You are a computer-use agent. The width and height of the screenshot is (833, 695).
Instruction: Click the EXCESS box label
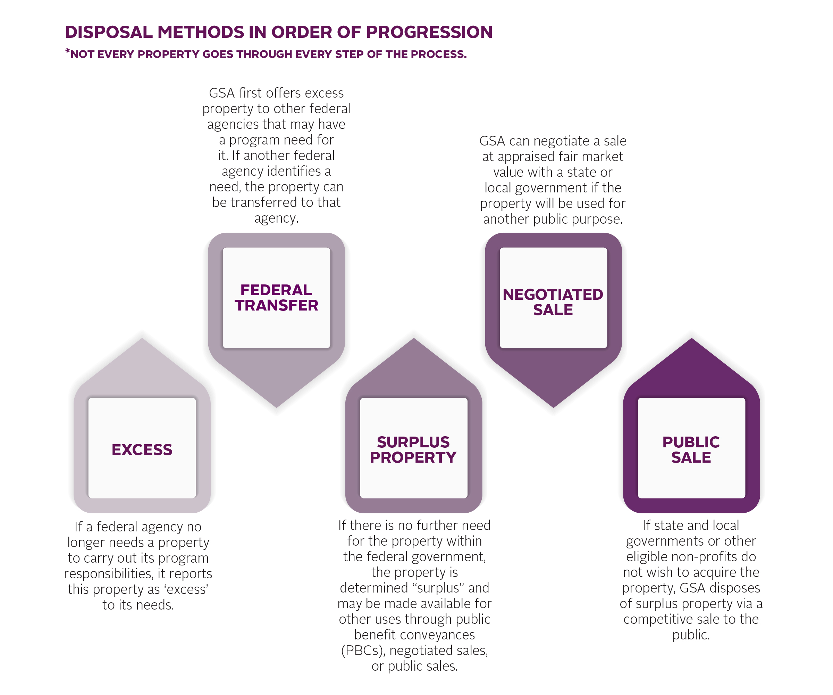142,450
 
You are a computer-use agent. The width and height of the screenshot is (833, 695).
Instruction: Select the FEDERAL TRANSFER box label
277,298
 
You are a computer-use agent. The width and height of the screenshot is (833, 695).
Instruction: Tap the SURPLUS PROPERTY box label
413,450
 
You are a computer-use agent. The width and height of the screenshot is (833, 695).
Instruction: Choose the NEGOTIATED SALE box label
553,302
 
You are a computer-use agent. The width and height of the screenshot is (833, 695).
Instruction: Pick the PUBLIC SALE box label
691,450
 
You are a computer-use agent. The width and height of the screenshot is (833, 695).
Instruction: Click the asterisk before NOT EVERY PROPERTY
67,51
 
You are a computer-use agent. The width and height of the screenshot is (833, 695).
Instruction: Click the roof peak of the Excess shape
142,338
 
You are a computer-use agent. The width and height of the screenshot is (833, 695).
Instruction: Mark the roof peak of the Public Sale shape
691,338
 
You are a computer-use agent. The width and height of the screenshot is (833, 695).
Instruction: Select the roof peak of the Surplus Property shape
414,338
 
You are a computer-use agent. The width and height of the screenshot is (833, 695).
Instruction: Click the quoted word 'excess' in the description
187,589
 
